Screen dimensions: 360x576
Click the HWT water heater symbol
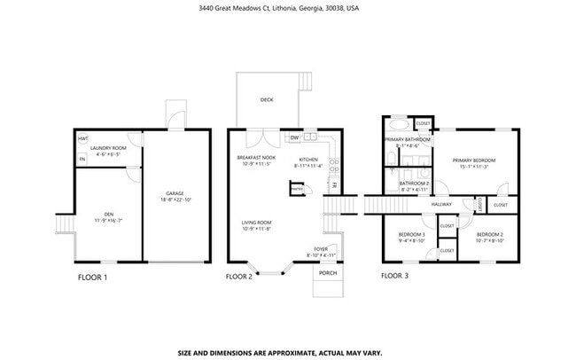point(83,139)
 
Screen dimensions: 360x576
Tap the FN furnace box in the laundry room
point(82,159)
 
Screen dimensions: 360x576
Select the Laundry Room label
point(109,147)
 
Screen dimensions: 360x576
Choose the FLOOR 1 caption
point(92,277)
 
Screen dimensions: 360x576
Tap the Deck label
point(267,100)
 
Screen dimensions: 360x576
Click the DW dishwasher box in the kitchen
point(294,137)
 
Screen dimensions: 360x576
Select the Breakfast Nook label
point(256,157)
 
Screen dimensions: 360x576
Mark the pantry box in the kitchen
point(298,188)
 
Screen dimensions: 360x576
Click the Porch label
point(327,272)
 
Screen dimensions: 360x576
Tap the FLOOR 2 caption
point(239,277)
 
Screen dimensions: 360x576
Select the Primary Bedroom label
point(471,160)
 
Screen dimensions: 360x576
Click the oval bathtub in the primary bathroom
point(397,125)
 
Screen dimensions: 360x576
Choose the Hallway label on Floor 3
point(441,204)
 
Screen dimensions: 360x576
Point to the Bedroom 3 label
point(411,234)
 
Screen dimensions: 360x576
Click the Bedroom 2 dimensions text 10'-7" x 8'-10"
point(489,239)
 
